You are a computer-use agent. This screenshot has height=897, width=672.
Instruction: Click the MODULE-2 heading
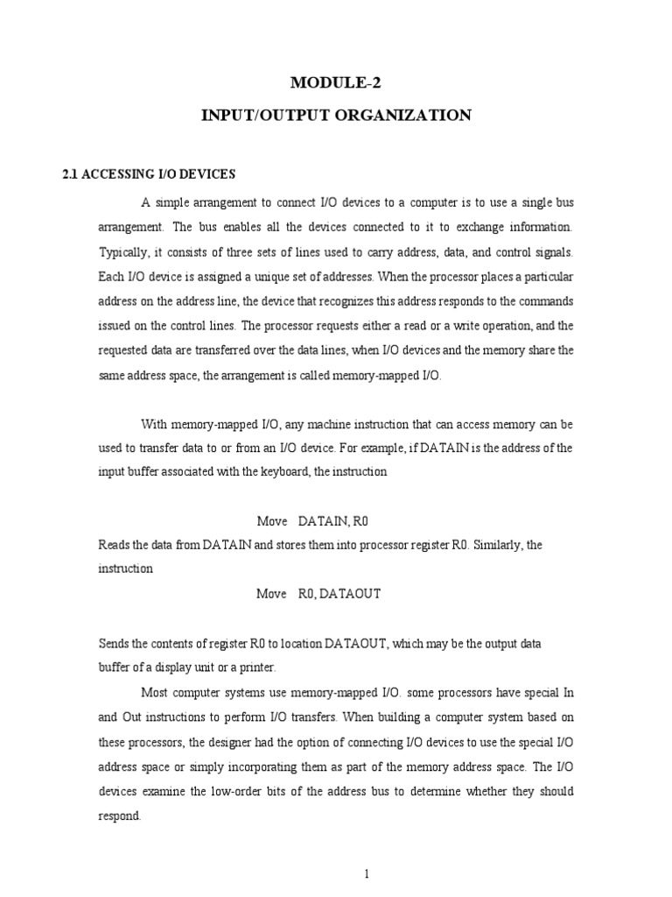pos(336,84)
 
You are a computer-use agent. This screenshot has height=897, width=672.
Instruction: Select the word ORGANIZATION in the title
pos(413,115)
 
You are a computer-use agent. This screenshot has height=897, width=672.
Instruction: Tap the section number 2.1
pos(71,174)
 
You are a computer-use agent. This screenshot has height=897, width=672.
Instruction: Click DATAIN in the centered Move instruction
pos(323,520)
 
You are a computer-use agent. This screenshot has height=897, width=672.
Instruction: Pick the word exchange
pos(479,227)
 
